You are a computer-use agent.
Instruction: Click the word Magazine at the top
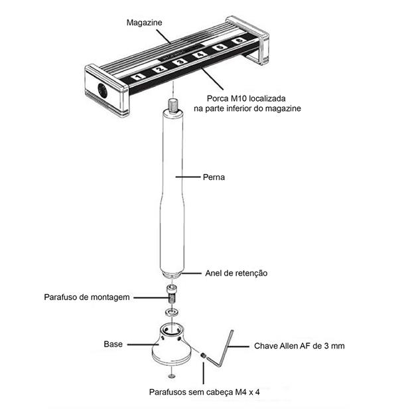[x=144, y=23]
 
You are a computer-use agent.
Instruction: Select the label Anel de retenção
[x=237, y=273]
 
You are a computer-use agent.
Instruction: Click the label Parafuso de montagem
[x=86, y=297]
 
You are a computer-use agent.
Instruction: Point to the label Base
[x=113, y=344]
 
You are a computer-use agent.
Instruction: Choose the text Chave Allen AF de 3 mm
[x=299, y=346]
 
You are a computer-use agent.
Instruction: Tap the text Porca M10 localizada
[x=236, y=97]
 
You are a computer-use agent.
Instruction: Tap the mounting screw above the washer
[x=171, y=293]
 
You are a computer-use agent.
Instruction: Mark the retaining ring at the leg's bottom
[x=172, y=272]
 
